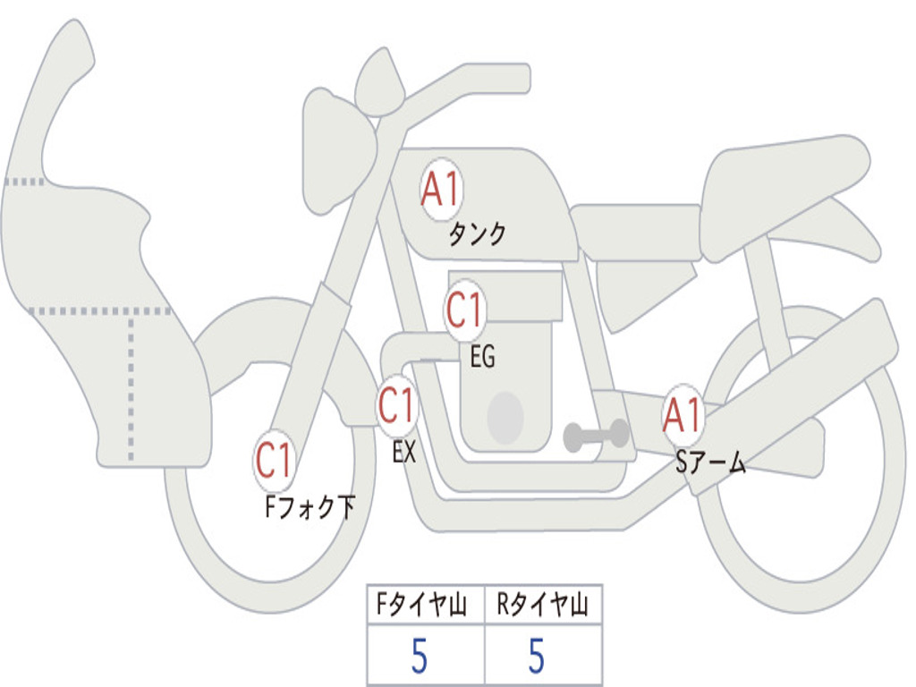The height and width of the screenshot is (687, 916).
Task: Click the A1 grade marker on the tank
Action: coord(440,191)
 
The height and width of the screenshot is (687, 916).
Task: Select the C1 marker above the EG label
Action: coord(464,311)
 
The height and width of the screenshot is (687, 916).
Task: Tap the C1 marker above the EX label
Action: coord(396,406)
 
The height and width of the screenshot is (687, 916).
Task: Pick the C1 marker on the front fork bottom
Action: coord(275,462)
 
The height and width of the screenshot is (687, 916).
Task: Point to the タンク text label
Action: coord(477,234)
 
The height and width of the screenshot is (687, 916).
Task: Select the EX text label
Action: coord(404,453)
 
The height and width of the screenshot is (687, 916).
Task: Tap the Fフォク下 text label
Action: coord(310,508)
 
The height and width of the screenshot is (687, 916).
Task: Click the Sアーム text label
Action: coord(710,463)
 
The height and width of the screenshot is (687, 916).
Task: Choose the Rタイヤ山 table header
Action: coord(543,606)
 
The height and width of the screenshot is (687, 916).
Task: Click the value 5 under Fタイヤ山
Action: coord(419,657)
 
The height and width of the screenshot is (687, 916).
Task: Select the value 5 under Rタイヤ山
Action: coord(536,657)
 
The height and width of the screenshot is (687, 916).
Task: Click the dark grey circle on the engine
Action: coord(505,418)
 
